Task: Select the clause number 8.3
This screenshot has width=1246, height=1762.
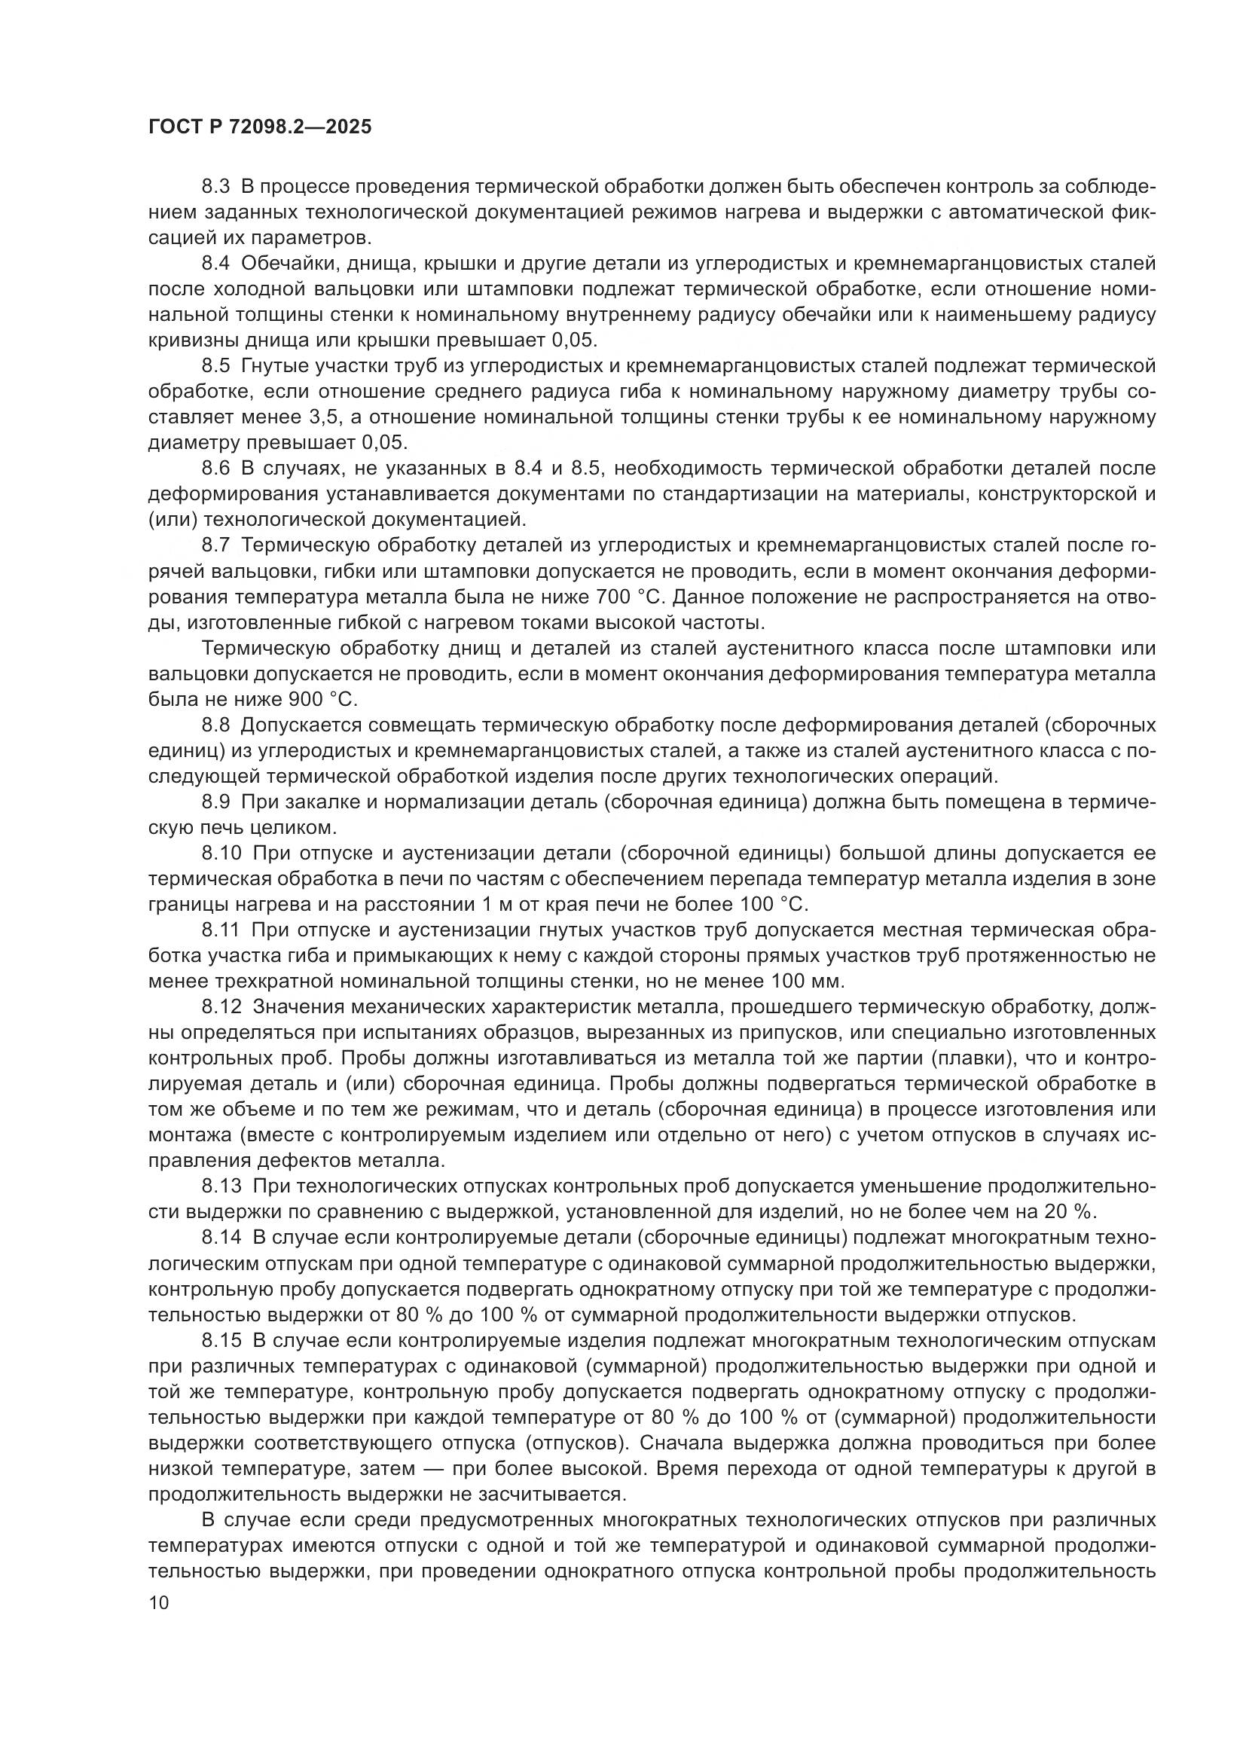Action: pyautogui.click(x=215, y=187)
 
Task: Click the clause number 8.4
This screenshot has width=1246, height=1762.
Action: pyautogui.click(x=215, y=263)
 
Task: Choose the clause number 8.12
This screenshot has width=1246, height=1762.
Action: pyautogui.click(x=221, y=1007)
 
